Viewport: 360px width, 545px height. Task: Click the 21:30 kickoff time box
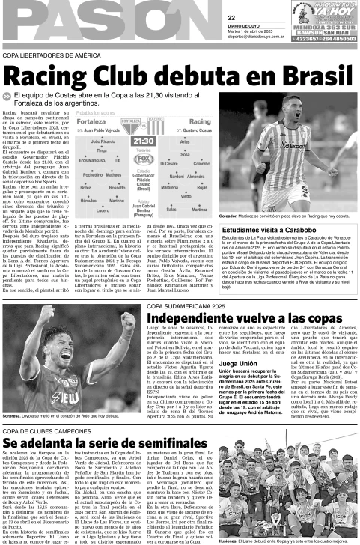143,140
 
